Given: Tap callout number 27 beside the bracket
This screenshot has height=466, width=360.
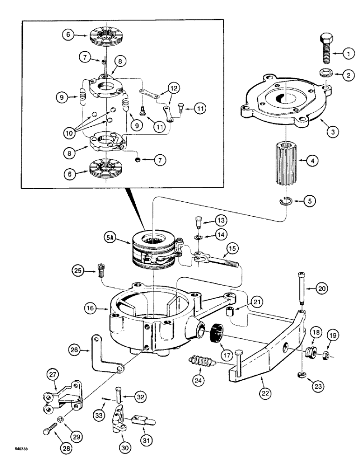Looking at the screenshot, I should coord(52,374).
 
